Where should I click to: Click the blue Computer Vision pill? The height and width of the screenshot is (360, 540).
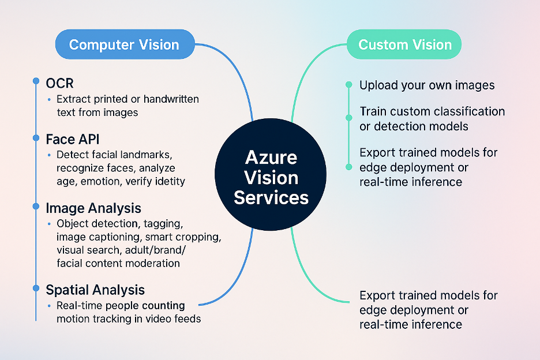coord(124,45)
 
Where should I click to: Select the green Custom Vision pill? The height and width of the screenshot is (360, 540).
coord(405,45)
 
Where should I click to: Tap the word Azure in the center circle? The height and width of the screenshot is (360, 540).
coord(271,157)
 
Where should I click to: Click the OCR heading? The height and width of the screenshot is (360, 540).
coord(60,83)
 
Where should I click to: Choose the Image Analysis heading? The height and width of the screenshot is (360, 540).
coord(93,207)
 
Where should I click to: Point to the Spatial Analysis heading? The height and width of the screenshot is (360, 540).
coord(95,290)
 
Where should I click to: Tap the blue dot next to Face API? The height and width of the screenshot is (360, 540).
coord(35,138)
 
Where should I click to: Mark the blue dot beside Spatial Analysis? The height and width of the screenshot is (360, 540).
coord(35,288)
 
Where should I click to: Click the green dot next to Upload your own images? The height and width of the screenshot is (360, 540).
coord(348,85)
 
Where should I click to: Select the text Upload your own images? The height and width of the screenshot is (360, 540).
coord(427,85)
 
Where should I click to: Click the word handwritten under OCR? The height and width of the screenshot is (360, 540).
coord(171,99)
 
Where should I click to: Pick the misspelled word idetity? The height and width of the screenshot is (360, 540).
coord(167,182)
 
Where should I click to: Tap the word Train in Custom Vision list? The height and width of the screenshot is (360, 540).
coord(373,111)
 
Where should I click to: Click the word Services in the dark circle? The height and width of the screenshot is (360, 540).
coord(271,198)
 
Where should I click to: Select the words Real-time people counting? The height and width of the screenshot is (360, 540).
coord(121,305)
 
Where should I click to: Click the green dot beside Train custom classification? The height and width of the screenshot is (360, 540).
coord(348,117)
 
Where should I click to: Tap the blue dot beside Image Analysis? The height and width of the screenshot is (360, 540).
coord(35,207)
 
